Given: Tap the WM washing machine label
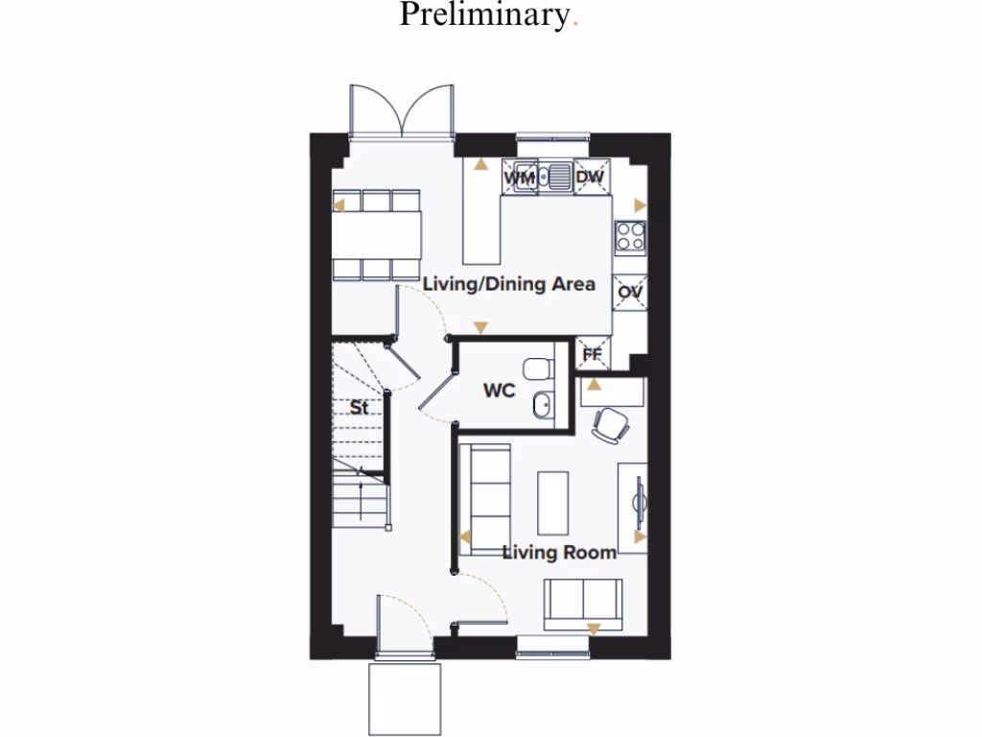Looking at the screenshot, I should click(x=518, y=178).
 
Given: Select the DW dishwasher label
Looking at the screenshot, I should click(x=589, y=178).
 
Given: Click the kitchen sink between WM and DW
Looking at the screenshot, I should click(x=554, y=178).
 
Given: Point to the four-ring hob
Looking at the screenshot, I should click(x=630, y=236).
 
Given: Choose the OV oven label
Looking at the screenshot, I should click(x=629, y=292).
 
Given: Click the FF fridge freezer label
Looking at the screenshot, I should click(x=592, y=355).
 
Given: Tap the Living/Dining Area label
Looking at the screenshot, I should click(x=509, y=284).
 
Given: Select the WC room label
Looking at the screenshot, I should click(x=499, y=391).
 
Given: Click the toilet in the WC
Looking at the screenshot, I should click(x=538, y=368).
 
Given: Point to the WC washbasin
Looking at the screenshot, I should click(x=542, y=407).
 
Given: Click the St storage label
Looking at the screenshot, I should click(x=358, y=407).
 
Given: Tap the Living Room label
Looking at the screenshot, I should click(x=559, y=552).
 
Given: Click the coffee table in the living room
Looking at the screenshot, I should click(x=553, y=502).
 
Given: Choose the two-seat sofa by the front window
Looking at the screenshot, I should click(x=582, y=602).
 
